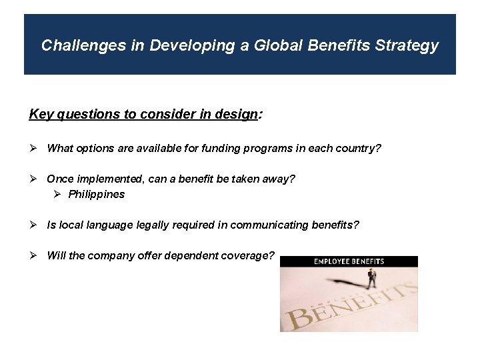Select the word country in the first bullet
tap(357, 148)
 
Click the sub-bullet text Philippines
tap(96, 195)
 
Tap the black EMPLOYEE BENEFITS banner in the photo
tap(349, 261)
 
